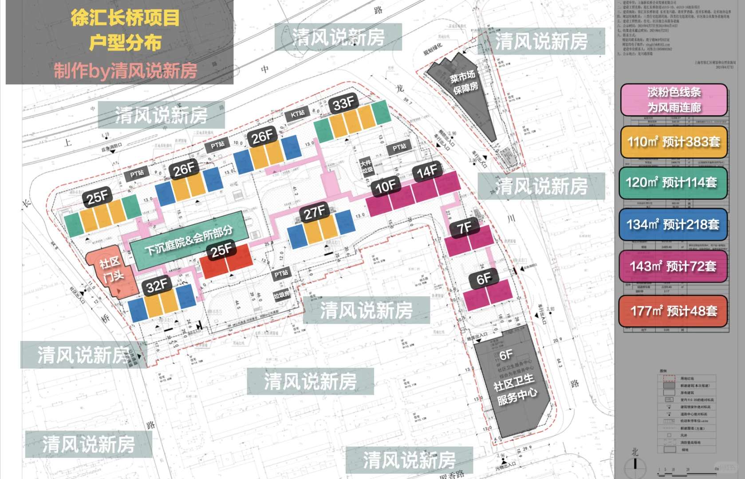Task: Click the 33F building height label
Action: (x=343, y=104)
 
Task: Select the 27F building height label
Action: (x=315, y=212)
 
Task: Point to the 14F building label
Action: (x=427, y=171)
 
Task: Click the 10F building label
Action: (x=386, y=186)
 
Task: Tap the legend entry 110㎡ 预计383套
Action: (x=674, y=142)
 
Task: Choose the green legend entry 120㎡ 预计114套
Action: (x=673, y=182)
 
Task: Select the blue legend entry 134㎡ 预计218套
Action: (x=673, y=224)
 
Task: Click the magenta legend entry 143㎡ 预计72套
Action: (x=673, y=266)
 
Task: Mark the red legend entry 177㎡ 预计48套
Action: (x=674, y=311)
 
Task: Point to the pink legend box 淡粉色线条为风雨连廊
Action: (x=674, y=100)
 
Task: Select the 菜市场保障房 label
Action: (x=464, y=82)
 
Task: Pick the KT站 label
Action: (x=298, y=114)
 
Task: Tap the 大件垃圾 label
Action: (x=367, y=167)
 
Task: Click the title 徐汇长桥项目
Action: (x=125, y=18)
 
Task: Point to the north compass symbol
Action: (x=635, y=464)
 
